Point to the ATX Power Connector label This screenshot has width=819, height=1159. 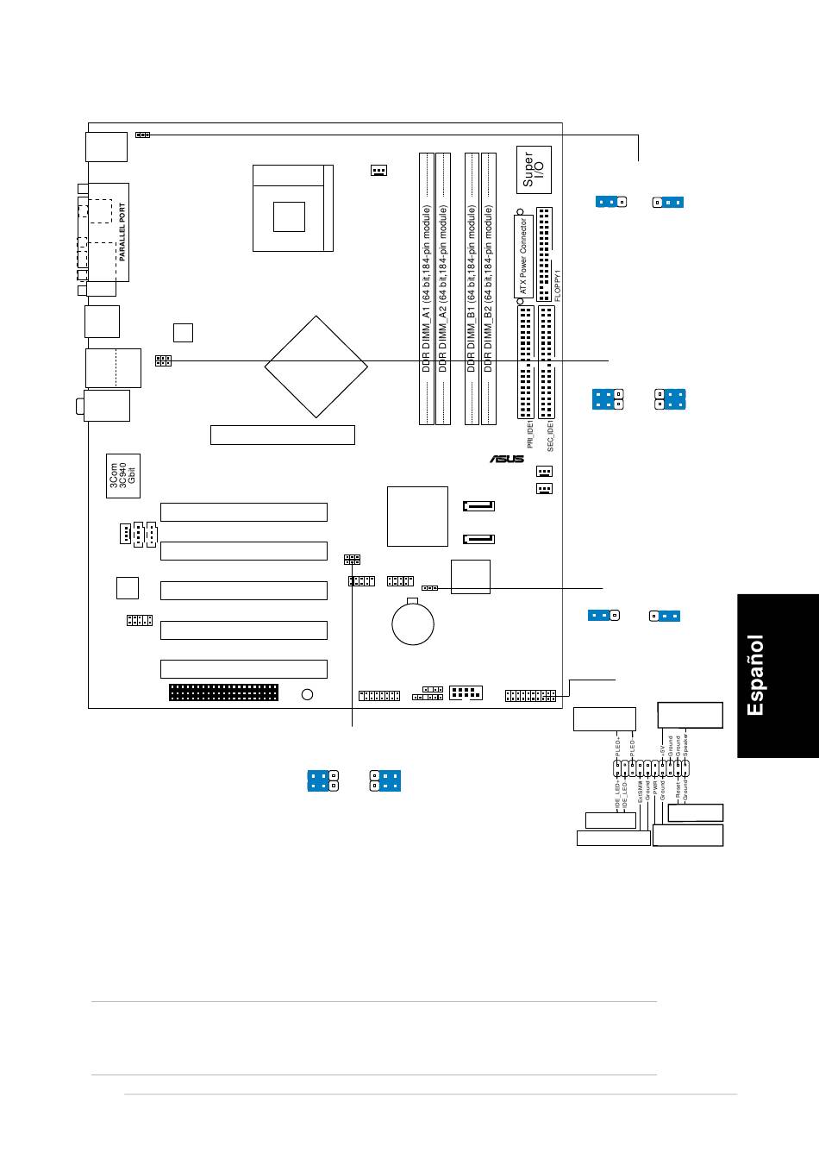click(523, 257)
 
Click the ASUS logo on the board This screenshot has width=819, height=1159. click(507, 460)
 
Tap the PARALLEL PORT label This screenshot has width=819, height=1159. click(122, 232)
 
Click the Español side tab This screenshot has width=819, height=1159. click(755, 675)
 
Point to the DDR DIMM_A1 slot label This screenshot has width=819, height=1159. click(426, 288)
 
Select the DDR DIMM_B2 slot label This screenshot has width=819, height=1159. click(488, 288)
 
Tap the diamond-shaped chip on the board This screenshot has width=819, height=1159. click(316, 366)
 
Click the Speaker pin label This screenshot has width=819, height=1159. click(686, 744)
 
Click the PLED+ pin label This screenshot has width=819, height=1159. click(618, 744)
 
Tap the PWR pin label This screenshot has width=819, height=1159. click(655, 786)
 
